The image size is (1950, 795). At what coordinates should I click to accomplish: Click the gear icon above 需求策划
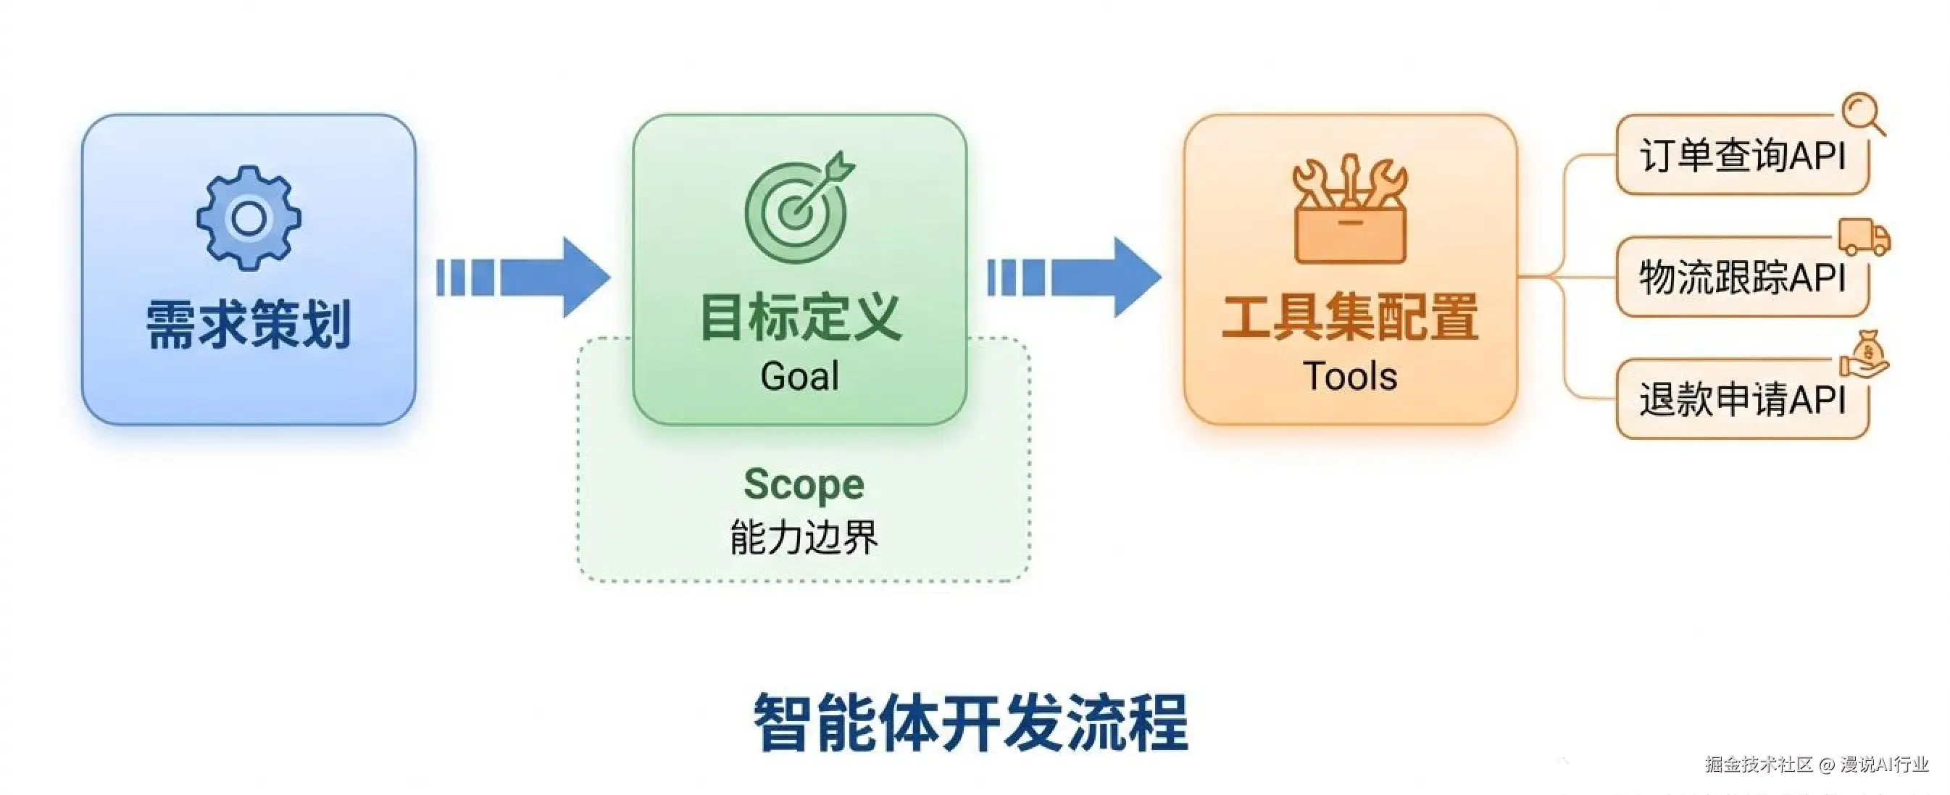click(x=249, y=218)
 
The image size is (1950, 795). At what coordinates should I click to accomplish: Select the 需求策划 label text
click(x=249, y=324)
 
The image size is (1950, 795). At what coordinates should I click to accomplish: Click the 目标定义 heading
click(x=800, y=318)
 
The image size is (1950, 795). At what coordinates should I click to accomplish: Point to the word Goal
click(x=799, y=376)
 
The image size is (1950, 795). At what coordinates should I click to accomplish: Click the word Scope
click(x=803, y=485)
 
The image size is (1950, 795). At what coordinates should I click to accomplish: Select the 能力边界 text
click(x=803, y=537)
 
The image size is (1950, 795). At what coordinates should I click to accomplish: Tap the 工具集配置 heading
click(x=1350, y=318)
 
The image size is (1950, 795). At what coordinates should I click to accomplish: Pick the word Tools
click(x=1350, y=376)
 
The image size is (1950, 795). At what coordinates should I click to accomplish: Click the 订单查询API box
click(x=1741, y=156)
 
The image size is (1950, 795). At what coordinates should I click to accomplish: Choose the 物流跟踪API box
click(x=1741, y=277)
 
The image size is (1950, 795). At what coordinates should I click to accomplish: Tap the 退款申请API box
click(x=1741, y=399)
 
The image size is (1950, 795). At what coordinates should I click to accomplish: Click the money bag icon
click(x=1867, y=355)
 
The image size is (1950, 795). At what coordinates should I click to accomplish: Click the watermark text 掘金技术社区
click(x=1759, y=765)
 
